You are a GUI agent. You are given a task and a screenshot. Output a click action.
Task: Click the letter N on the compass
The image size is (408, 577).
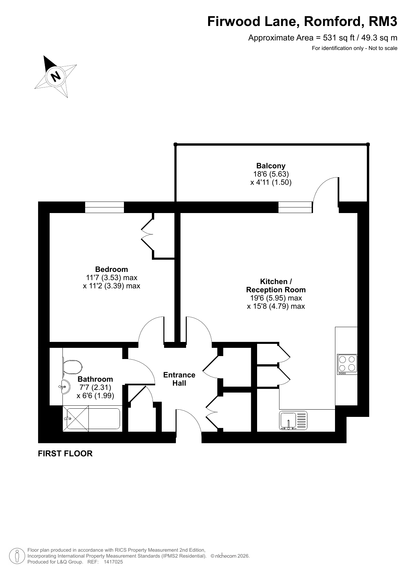tap(56, 76)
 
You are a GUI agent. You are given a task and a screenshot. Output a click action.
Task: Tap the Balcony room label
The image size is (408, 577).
tap(271, 166)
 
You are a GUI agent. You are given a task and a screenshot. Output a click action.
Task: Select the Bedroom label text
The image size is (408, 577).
tap(111, 270)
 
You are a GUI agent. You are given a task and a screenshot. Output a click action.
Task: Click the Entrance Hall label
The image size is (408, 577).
tap(179, 379)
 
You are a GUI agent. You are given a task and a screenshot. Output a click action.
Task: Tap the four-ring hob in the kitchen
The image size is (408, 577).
tap(347, 364)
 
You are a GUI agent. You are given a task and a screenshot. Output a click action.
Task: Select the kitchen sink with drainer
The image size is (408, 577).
tap(293, 421)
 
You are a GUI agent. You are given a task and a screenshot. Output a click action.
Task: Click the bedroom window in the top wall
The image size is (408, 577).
tap(105, 207)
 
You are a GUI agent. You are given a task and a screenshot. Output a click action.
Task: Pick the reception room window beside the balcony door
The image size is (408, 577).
tap(295, 207)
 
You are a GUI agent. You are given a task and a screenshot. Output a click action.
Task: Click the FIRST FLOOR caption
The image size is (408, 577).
tap(65, 453)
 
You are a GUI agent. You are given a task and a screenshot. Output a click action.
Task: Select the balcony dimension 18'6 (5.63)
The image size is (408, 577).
tap(271, 174)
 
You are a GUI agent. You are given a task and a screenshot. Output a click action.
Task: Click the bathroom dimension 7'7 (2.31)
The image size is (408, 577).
tap(95, 387)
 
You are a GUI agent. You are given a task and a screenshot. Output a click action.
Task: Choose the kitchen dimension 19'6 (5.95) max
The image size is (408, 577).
tap(276, 298)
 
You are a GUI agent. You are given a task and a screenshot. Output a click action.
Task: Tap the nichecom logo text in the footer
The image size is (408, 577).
tap(226, 556)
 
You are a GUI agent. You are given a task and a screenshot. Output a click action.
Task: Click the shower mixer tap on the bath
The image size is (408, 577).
tap(68, 419)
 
